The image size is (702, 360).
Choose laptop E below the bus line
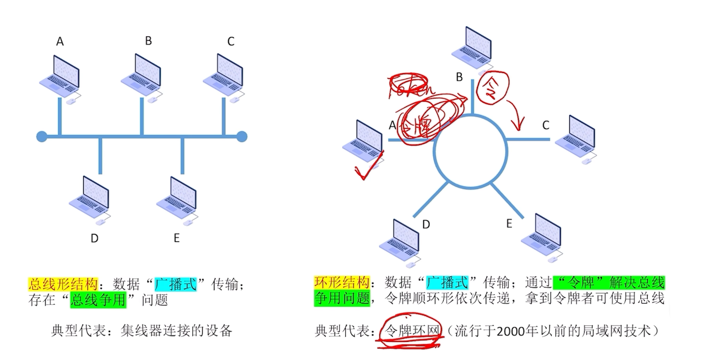coord(177,198)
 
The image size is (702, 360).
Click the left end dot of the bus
coord(42,136)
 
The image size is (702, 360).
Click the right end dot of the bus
coord(242,136)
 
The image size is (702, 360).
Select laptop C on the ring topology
coord(575,138)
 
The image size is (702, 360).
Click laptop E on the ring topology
coord(540,236)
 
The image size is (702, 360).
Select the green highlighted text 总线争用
coord(98,299)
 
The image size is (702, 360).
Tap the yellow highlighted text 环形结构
coord(341,283)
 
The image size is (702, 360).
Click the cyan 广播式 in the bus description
coord(175,284)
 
